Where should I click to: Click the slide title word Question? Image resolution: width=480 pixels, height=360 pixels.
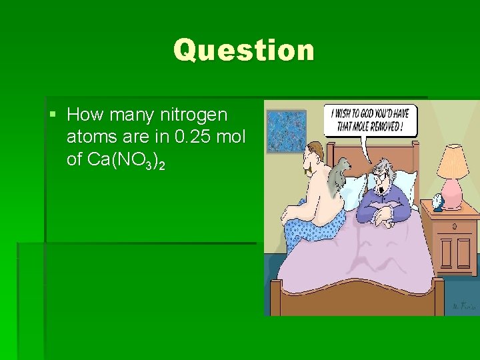[x=243, y=50]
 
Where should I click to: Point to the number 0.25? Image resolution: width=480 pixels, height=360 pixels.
[x=194, y=137]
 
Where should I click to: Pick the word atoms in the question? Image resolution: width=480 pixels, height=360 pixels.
[x=90, y=137]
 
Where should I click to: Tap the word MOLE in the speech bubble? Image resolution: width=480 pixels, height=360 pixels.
[x=358, y=127]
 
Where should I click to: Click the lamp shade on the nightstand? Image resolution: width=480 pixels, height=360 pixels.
[x=453, y=162]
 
